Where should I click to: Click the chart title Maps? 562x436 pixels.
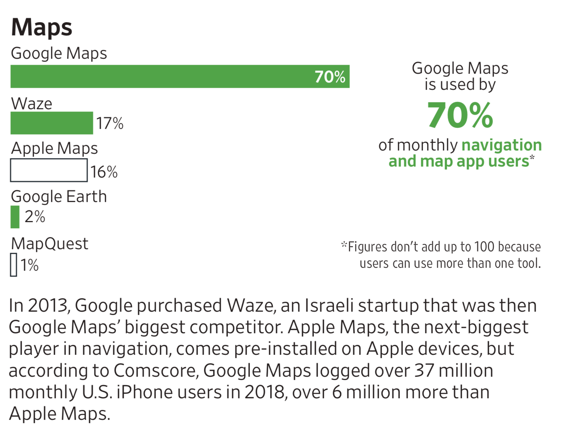[42, 27]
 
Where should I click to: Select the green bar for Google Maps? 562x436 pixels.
[161, 76]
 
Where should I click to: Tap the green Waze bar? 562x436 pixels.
[52, 123]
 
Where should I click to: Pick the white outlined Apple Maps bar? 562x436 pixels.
[49, 170]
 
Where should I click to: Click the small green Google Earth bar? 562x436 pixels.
[15, 217]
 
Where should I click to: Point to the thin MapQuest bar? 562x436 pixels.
[14, 265]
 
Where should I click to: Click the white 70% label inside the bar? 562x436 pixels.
[330, 77]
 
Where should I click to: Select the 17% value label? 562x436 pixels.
[110, 124]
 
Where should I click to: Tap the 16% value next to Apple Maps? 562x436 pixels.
[104, 172]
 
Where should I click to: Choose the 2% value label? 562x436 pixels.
[35, 217]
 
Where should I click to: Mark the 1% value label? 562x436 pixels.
[29, 265]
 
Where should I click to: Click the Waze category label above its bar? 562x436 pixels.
[32, 104]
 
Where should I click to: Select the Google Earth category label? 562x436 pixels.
[59, 197]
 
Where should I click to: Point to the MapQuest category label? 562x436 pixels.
[50, 244]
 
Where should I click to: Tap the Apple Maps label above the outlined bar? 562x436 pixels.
[55, 148]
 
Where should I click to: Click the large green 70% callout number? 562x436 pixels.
[460, 115]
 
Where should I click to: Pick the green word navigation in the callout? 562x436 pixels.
[502, 145]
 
